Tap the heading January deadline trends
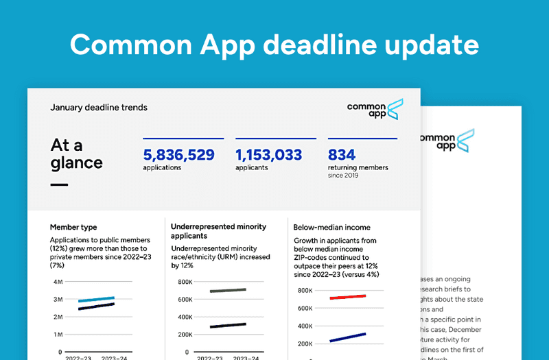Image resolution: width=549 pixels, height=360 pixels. (99, 108)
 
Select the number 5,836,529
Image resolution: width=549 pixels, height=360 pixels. (179, 155)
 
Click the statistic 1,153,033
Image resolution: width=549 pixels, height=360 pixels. (268, 155)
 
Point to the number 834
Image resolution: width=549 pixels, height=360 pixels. (342, 155)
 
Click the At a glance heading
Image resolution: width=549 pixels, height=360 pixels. (76, 154)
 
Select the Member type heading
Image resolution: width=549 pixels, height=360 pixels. (73, 227)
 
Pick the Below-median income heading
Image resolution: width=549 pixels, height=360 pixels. (331, 227)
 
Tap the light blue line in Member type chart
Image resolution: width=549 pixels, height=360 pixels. (96, 299)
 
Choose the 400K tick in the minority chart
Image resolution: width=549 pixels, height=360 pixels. (183, 317)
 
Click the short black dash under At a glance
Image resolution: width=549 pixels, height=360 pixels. (59, 184)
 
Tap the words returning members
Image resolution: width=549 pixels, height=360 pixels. (358, 167)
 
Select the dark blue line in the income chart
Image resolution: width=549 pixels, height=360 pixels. (347, 337)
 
